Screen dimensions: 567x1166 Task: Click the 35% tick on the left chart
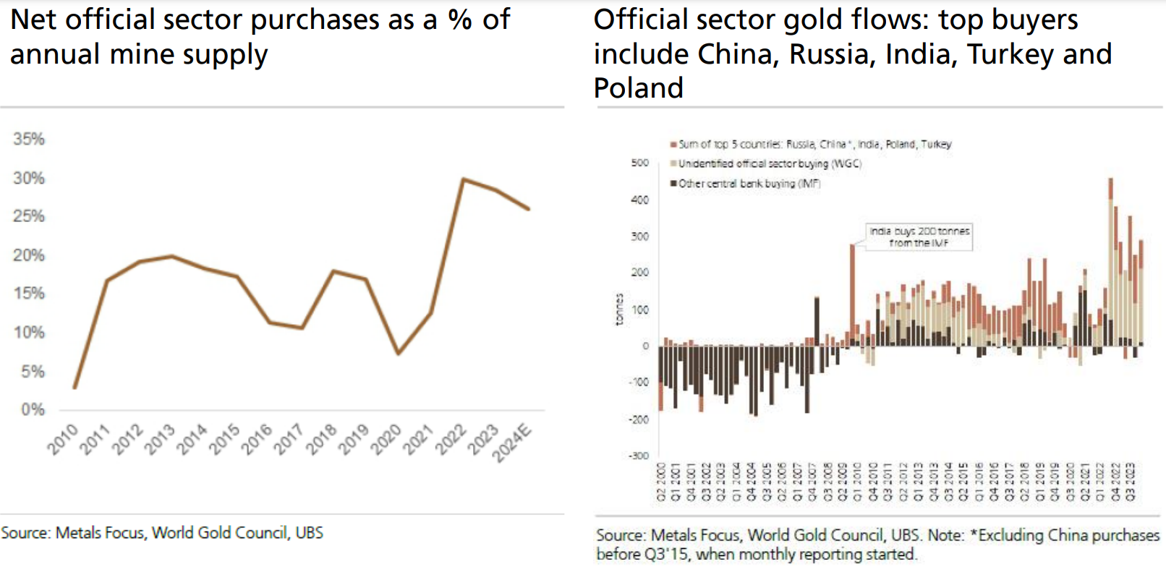(29, 139)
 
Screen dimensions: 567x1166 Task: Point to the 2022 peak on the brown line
(463, 179)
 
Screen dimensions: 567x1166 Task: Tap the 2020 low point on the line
(399, 354)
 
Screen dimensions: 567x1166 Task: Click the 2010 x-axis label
(63, 440)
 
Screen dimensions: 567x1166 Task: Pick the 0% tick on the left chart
(33, 409)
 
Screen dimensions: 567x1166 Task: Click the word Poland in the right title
(638, 88)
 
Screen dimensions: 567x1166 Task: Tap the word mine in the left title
(143, 55)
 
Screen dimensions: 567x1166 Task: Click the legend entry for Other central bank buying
(749, 184)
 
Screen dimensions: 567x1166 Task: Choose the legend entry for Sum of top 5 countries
(814, 144)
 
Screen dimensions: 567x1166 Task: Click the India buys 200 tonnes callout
(919, 236)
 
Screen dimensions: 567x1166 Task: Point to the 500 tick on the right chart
(640, 163)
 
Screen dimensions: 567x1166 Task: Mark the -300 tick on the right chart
(638, 456)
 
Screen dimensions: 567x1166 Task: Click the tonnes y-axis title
(619, 310)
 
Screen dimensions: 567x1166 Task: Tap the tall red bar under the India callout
(852, 289)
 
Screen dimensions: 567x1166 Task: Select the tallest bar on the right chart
(1110, 260)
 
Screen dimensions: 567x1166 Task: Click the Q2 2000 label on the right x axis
(660, 482)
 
